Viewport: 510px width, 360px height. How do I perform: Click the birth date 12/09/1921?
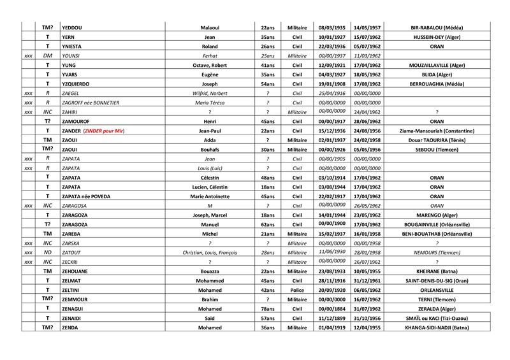330,65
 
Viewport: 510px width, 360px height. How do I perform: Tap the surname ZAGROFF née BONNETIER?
93,103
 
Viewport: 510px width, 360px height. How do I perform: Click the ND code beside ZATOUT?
47,252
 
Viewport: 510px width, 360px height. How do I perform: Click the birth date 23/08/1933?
330,271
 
